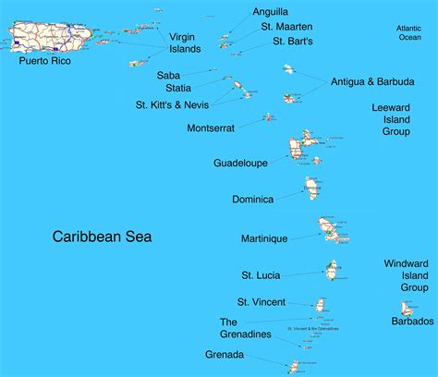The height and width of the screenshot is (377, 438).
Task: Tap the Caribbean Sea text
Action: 102,237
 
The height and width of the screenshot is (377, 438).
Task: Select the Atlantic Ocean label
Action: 408,33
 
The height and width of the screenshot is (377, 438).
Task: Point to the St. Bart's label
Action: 293,42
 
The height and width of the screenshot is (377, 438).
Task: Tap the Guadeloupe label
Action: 240,163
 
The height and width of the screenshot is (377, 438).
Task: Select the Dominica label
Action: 252,199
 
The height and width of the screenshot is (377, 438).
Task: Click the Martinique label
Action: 264,238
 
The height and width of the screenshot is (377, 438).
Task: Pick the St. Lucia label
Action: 261,274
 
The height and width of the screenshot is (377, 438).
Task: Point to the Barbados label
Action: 412,321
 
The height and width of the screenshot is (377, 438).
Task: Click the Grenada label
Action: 225,354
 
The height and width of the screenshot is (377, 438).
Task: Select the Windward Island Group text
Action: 407,275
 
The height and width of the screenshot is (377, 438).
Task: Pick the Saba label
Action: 168,75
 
